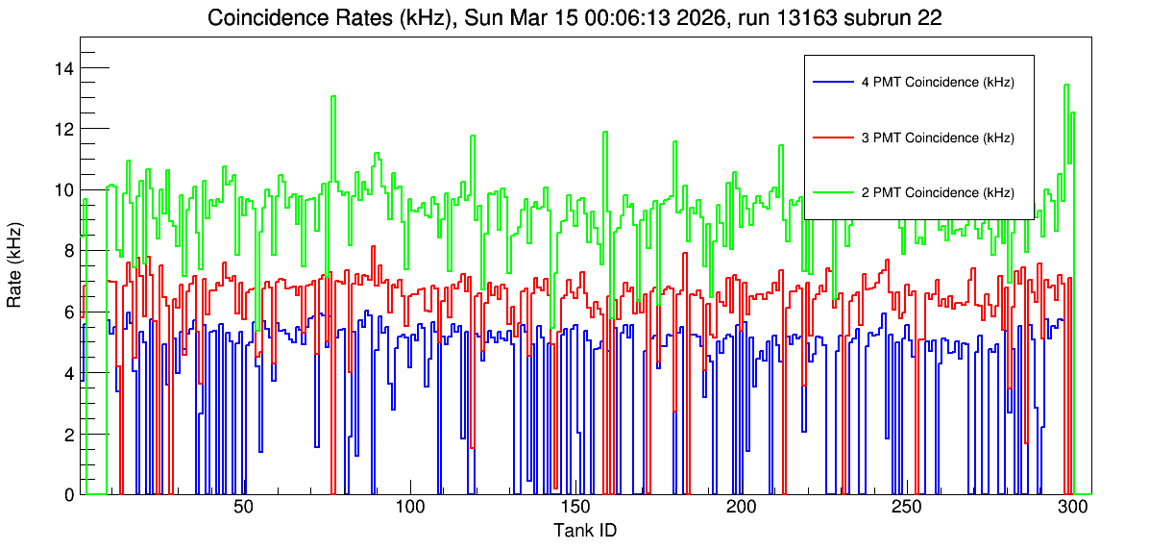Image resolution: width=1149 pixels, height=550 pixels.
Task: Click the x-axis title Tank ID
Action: pyautogui.click(x=585, y=530)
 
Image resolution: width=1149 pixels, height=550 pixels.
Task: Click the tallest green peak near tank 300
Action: pyautogui.click(x=1065, y=86)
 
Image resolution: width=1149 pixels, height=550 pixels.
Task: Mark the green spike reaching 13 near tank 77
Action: pyautogui.click(x=333, y=97)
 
